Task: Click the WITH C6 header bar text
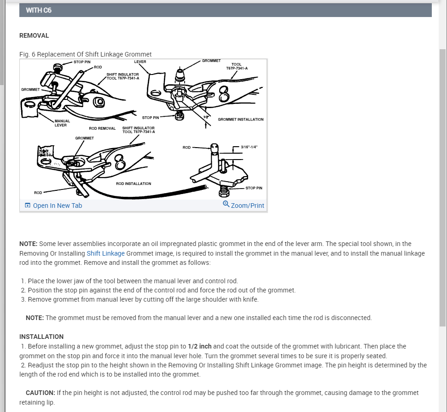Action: (x=39, y=10)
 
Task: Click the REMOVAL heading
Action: (x=34, y=35)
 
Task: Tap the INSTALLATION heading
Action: (x=41, y=337)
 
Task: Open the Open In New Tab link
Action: (x=57, y=206)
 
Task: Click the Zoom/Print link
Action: (x=248, y=206)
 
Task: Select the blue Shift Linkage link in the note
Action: (x=105, y=253)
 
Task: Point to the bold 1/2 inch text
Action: (x=200, y=346)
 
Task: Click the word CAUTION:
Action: (x=40, y=393)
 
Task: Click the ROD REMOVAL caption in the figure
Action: (x=102, y=128)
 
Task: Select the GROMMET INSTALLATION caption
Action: (x=241, y=119)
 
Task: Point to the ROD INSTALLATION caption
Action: (x=134, y=183)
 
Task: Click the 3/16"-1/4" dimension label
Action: (x=249, y=147)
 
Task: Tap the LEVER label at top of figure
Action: (x=140, y=61)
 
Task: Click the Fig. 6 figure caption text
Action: (x=86, y=54)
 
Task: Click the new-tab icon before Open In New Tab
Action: (x=28, y=206)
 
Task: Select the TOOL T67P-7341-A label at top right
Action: (x=237, y=66)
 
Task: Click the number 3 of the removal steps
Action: (x=23, y=300)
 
